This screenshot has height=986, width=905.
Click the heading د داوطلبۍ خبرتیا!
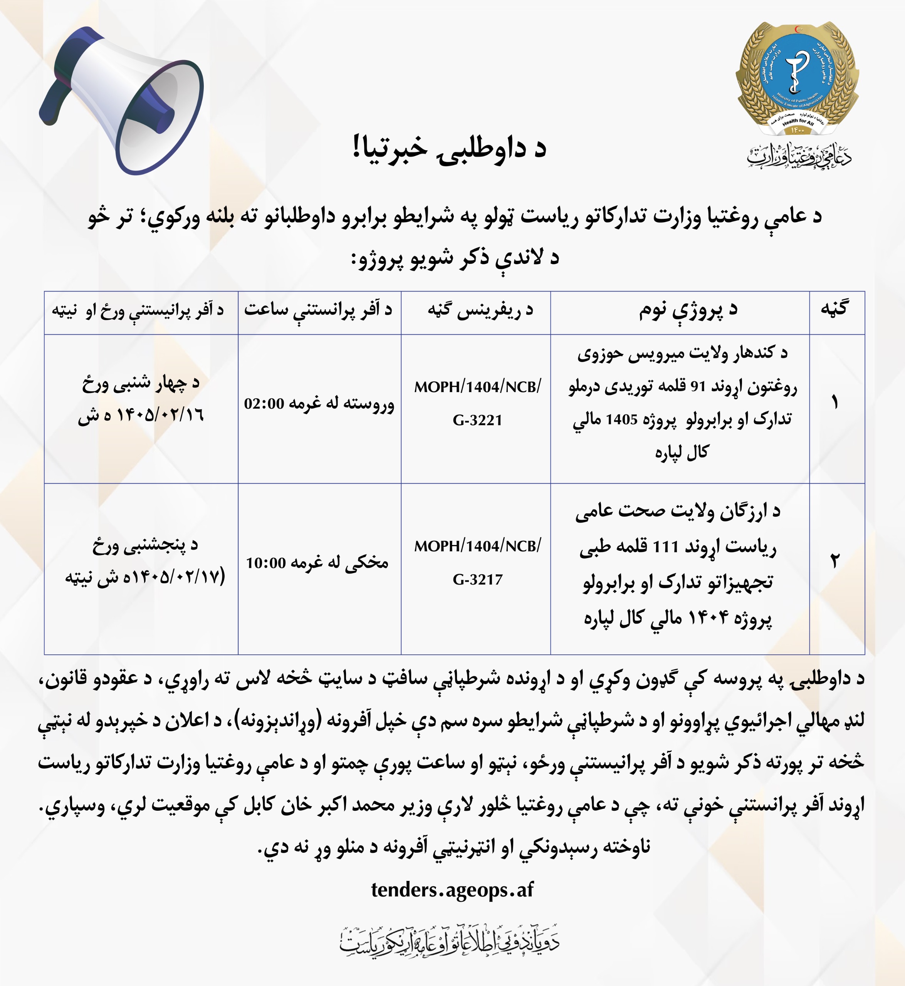449,148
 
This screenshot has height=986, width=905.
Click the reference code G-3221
477,420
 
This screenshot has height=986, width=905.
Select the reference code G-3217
477,580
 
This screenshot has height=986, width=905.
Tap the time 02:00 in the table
264,404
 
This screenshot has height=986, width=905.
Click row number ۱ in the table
835,403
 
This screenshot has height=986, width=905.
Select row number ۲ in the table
835,562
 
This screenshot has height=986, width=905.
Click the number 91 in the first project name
697,387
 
